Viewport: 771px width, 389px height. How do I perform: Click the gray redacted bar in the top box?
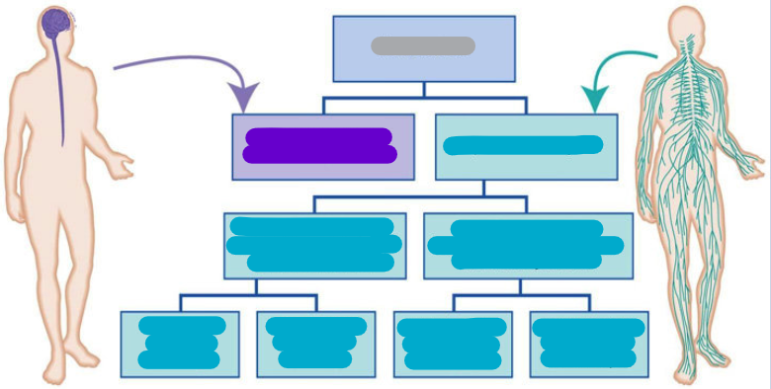(423, 45)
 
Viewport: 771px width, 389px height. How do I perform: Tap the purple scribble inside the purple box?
(319, 145)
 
